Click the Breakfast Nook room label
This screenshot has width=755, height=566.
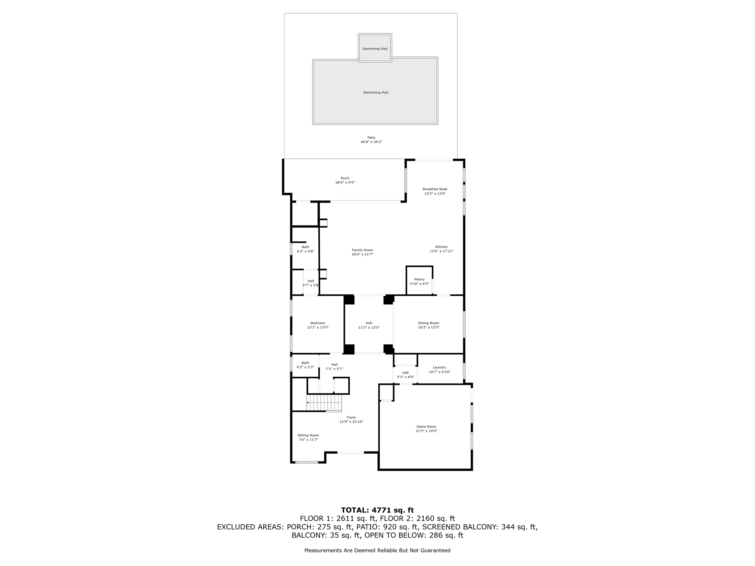(x=435, y=189)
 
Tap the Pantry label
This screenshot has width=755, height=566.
(x=420, y=279)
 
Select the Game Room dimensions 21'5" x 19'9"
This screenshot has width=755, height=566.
(x=426, y=431)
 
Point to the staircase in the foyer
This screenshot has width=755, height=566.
(x=324, y=403)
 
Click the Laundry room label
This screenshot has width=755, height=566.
(x=440, y=367)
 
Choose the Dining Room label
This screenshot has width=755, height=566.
(x=429, y=323)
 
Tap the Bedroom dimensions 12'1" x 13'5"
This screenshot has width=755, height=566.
(x=318, y=327)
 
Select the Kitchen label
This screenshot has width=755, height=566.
(x=441, y=247)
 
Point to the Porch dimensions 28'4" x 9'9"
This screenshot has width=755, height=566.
(x=345, y=182)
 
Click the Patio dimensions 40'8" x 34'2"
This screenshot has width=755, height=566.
(x=371, y=142)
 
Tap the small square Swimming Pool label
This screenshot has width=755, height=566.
(x=375, y=49)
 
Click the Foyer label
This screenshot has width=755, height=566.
(x=351, y=417)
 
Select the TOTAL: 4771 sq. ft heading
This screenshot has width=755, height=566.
(x=377, y=510)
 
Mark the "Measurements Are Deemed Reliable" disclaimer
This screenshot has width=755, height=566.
(x=377, y=550)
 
